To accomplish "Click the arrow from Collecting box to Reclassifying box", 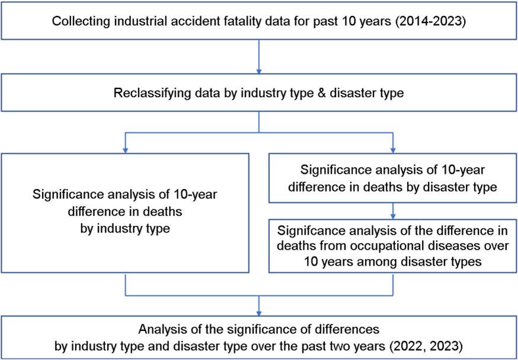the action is coord(259,57).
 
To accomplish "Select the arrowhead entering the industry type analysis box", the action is coord(125,149).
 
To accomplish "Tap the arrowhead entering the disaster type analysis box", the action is coord(393,149).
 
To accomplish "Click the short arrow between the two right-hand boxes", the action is coord(393,211).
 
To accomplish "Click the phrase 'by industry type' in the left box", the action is coord(125,228).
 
